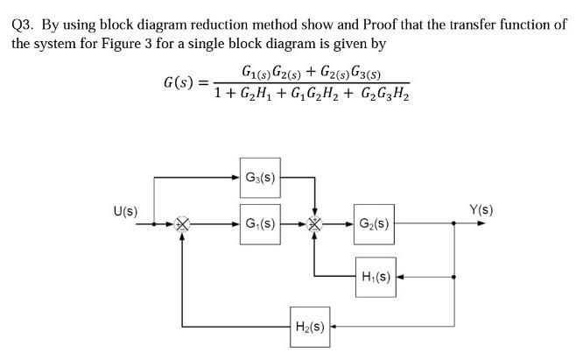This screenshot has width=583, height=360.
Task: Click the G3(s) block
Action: click(x=258, y=177)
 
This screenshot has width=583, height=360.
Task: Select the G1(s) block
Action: click(x=258, y=222)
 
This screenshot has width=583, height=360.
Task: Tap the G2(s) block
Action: click(x=374, y=222)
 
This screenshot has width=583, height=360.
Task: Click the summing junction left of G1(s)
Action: click(x=182, y=223)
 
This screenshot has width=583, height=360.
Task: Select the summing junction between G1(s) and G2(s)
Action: click(x=314, y=223)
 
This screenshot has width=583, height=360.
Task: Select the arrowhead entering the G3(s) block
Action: click(x=235, y=177)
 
